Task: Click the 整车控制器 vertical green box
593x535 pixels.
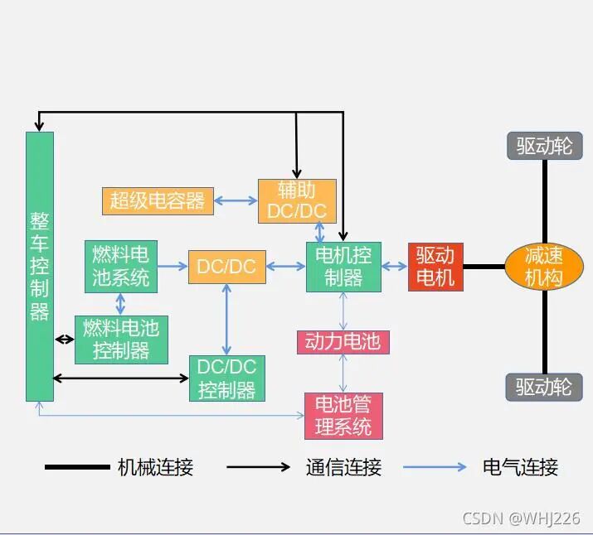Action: [40, 266]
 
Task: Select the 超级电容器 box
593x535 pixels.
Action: [158, 200]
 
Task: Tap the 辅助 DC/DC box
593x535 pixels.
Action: [297, 200]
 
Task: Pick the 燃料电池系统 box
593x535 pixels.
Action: [121, 266]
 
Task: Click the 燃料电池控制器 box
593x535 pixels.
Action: [121, 339]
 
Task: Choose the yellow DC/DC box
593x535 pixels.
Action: [226, 267]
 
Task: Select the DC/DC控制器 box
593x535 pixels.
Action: [227, 378]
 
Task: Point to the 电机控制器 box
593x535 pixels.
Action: [343, 267]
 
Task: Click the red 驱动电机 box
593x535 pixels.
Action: [435, 267]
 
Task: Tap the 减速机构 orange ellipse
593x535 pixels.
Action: [543, 267]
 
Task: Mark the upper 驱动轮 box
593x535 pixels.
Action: [544, 147]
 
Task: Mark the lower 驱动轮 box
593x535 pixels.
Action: [544, 387]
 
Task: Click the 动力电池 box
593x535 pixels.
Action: [343, 341]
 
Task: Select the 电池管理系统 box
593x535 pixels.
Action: [343, 416]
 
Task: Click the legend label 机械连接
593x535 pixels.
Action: [155, 467]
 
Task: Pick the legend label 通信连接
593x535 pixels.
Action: [343, 467]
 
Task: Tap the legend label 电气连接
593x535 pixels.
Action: [520, 467]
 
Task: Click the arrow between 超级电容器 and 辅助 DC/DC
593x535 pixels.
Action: [236, 200]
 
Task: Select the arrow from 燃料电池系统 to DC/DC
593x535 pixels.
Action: [173, 267]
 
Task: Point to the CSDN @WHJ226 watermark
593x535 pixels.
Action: [521, 518]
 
